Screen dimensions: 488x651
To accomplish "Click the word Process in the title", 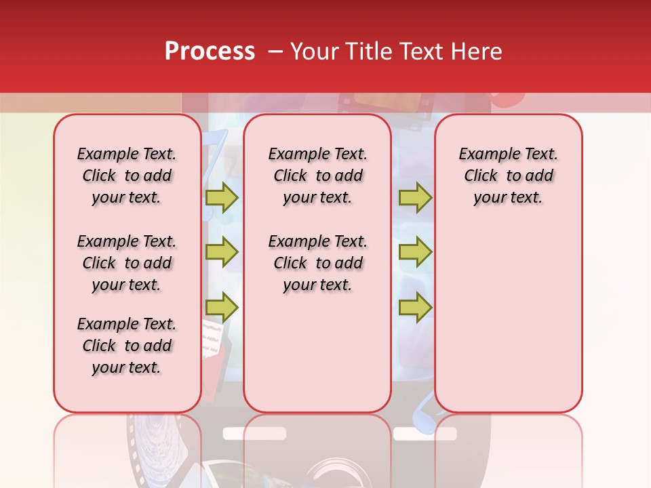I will [210, 52].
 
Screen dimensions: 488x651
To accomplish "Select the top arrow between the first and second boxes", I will [222, 197].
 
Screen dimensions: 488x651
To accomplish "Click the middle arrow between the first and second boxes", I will [222, 252].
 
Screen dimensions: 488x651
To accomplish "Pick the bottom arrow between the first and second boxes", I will [222, 308].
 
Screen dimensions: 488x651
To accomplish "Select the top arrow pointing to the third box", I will [415, 197].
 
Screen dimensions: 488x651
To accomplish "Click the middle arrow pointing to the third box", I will [415, 252].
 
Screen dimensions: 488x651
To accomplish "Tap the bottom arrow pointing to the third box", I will [415, 308].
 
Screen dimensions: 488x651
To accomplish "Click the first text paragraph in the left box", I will [127, 176].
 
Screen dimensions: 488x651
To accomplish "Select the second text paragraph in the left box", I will [127, 263].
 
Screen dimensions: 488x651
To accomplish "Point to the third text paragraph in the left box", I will [127, 346].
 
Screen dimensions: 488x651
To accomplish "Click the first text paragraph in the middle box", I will [317, 176].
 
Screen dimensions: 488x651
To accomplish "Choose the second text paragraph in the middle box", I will [317, 263].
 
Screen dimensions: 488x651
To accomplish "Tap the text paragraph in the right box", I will [508, 176].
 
